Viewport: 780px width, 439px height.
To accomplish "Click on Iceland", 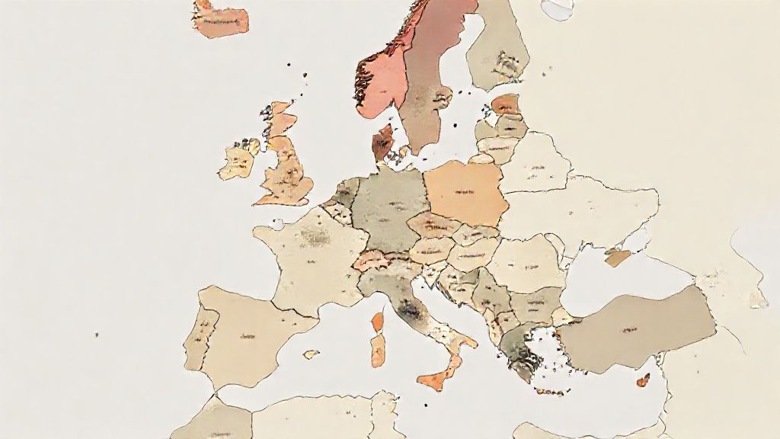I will [x=220, y=21].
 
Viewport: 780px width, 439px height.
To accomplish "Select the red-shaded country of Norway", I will [x=381, y=76].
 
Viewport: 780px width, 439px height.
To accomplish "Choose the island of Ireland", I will [x=237, y=162].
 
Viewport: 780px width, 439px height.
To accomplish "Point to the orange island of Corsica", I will [x=377, y=322].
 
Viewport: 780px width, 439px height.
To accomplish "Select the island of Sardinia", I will [x=378, y=349].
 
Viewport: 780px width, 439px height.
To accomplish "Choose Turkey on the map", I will [x=640, y=324].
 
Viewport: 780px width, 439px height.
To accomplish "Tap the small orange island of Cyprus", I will [x=643, y=380].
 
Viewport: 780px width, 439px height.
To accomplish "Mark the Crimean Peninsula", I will [x=618, y=257].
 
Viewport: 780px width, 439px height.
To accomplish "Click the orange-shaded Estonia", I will [x=504, y=104].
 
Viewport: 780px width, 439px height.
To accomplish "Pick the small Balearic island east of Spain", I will [x=312, y=354].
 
